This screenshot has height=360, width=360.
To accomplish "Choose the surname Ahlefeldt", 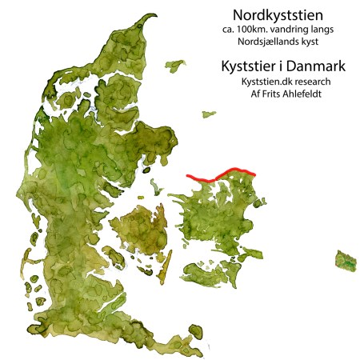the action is [x=306, y=93].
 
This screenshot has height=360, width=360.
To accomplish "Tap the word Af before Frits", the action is [x=251, y=93].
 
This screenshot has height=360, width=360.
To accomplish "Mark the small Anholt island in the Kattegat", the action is [x=208, y=114].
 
